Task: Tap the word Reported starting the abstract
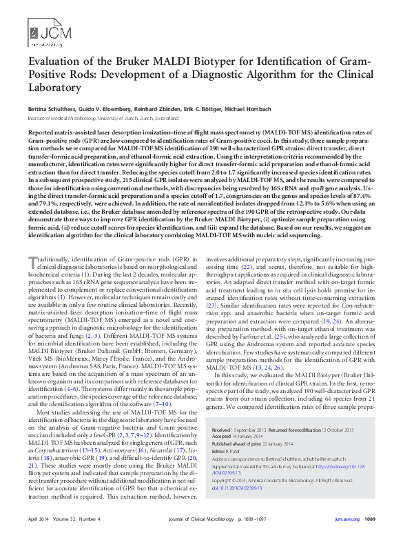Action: coord(46,131)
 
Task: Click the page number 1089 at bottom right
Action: coord(369,519)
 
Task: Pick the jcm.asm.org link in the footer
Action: coord(347,519)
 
